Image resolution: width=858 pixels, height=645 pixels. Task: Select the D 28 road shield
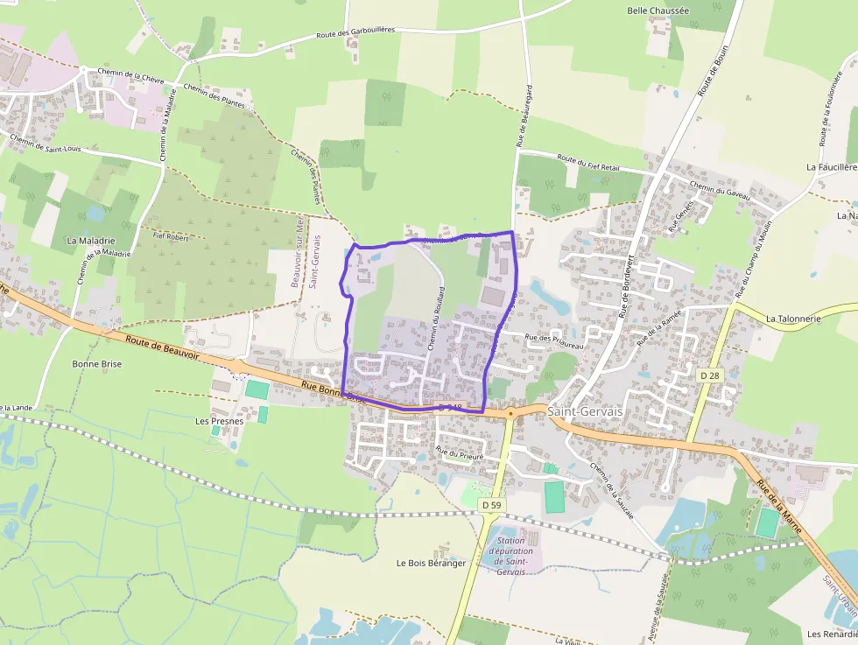pos(709,375)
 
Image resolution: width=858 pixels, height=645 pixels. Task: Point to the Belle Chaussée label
pos(658,11)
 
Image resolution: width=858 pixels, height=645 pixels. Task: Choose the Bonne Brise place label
pos(97,363)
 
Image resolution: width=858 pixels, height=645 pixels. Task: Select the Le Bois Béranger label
pos(431,563)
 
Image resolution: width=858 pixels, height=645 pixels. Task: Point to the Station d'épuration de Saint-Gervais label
pos(510,556)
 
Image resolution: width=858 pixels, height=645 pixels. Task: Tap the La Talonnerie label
pos(793,319)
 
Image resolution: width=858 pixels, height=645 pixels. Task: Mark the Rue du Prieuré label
pos(460,453)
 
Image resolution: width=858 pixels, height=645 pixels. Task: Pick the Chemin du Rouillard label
pos(438,319)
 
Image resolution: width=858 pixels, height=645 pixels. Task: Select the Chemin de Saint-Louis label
pos(46,143)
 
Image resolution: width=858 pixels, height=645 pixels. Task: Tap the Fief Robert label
pos(171,235)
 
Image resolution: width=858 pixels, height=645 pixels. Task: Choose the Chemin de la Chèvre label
pos(131,76)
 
